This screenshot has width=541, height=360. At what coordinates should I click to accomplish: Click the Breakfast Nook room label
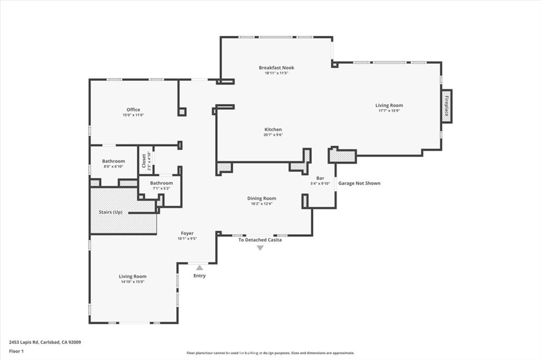276,68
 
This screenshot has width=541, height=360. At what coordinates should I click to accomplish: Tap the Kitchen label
273,129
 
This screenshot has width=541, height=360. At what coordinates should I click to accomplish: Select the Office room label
133,110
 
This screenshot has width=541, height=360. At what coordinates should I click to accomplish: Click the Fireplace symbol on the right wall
446,106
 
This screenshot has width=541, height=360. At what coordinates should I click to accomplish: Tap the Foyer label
187,233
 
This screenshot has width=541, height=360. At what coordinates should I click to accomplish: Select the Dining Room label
262,198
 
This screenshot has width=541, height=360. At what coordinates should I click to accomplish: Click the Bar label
320,178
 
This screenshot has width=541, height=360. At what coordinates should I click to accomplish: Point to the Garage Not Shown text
359,183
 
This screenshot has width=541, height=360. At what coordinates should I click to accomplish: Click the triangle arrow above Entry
199,268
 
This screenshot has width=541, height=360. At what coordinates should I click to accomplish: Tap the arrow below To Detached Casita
260,247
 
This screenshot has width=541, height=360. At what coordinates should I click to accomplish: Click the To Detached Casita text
260,240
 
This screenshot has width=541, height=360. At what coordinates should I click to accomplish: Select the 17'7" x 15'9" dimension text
389,111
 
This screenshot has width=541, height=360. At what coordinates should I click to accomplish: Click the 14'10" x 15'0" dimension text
132,282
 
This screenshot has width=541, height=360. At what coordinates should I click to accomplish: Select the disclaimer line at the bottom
270,353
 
